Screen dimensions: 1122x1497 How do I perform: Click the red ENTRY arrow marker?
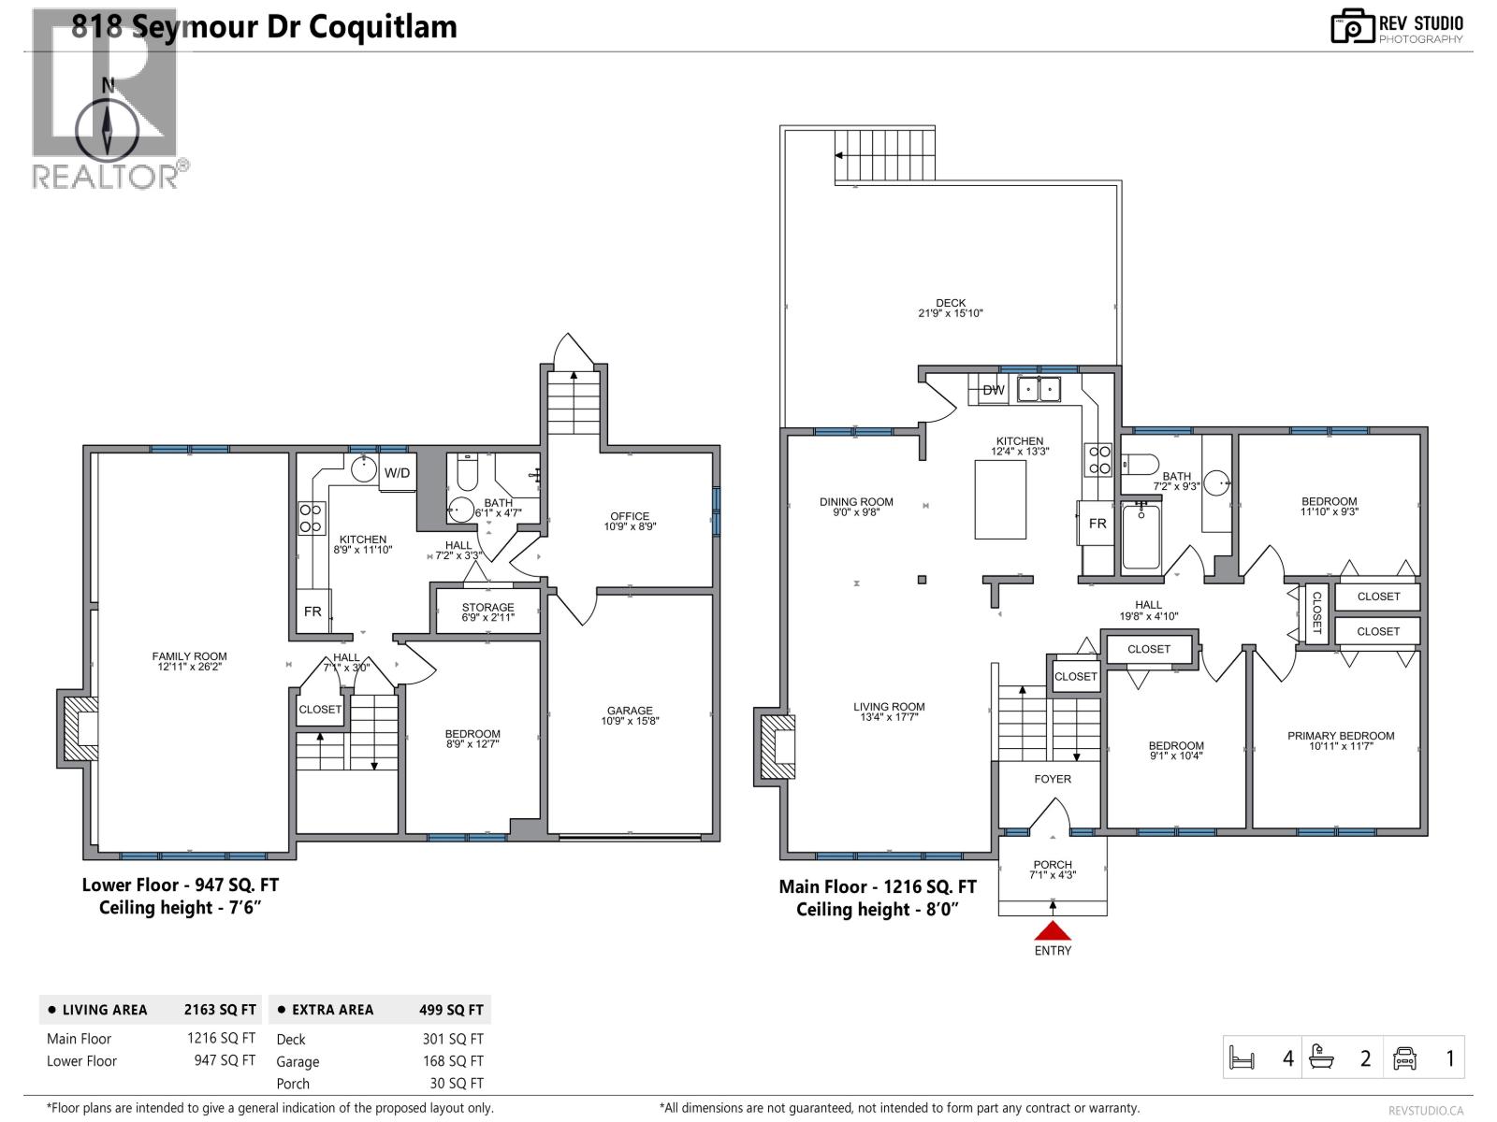coord(1053,930)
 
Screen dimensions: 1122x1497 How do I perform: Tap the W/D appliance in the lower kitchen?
coord(398,472)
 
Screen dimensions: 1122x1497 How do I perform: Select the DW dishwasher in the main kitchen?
coord(994,390)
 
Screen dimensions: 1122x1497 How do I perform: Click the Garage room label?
coord(630,711)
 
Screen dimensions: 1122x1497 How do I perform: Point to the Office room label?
coord(630,516)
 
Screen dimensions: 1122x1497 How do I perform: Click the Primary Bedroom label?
coord(1341,736)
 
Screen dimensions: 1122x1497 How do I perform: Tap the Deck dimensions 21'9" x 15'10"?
coord(951,314)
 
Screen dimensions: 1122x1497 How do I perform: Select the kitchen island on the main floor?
coord(1000,499)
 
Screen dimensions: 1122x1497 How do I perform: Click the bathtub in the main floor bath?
coord(1141,537)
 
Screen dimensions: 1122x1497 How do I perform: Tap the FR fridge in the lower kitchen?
coord(313,611)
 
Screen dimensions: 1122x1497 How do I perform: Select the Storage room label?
coord(487,608)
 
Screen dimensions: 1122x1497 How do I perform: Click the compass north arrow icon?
coord(108,126)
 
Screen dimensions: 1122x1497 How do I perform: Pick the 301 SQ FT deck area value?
coord(453,1039)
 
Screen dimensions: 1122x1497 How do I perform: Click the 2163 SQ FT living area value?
coord(220,1010)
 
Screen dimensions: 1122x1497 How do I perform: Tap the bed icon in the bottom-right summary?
coord(1242,1058)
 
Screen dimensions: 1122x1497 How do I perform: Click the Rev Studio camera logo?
coord(1352,26)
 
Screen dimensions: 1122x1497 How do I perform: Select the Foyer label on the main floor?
coord(1053,779)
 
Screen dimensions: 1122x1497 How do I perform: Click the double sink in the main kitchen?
coord(1039,388)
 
